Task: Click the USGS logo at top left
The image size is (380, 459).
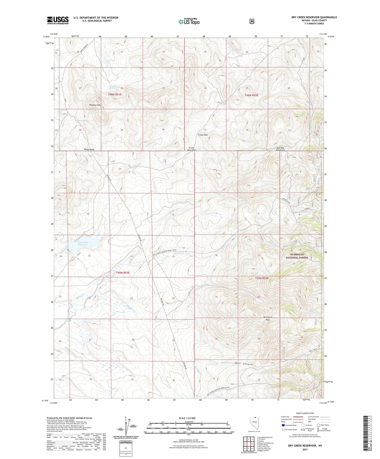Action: pyautogui.click(x=58, y=20)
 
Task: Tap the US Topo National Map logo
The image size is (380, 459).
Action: pyautogui.click(x=189, y=22)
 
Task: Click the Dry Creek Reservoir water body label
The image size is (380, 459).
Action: pyautogui.click(x=83, y=244)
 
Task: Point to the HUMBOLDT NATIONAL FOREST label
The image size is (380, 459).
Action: pyautogui.click(x=297, y=256)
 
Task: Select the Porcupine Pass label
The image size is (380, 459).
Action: pyautogui.click(x=268, y=318)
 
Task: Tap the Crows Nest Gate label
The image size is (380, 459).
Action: pyautogui.click(x=192, y=149)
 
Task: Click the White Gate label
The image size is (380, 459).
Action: pyautogui.click(x=89, y=149)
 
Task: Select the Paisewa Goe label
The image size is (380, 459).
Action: pyautogui.click(x=95, y=105)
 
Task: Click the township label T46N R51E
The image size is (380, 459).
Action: pyautogui.click(x=115, y=94)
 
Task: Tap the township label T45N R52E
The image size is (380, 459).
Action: pyautogui.click(x=262, y=278)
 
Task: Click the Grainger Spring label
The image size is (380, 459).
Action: pyautogui.click(x=113, y=87)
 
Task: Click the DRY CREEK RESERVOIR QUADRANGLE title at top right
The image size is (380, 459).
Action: pyautogui.click(x=314, y=17)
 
